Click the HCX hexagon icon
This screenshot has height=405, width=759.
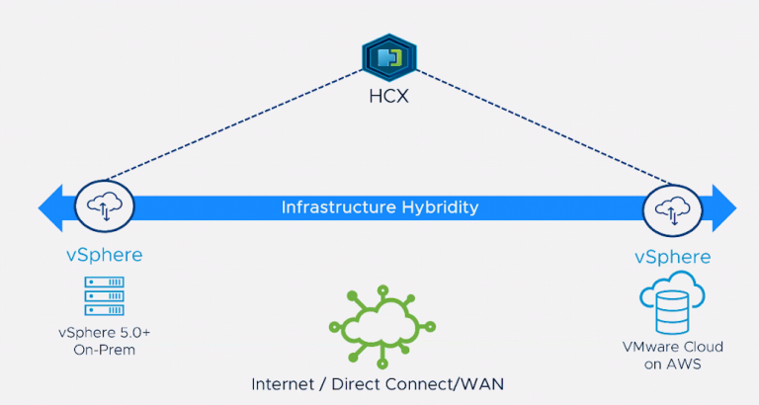389,57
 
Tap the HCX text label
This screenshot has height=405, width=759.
389,96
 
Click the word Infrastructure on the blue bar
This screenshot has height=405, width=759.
338,207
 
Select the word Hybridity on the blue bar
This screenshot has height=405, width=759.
440,208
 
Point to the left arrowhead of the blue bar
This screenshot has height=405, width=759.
50,208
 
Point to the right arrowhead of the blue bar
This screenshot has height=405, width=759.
724,208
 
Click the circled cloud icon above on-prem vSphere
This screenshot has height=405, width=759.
105,206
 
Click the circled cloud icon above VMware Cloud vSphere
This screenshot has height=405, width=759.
672,210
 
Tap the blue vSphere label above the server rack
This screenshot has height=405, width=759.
105,255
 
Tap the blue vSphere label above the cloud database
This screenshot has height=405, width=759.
673,257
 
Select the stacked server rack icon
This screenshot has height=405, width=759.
105,296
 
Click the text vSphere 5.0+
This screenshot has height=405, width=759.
105,333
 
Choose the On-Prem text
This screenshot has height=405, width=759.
105,350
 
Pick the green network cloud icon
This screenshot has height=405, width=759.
382,327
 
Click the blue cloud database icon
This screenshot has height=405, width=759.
672,303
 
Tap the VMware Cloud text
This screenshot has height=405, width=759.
673,347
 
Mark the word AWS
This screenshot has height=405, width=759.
684,364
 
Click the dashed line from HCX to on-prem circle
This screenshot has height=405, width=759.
234,124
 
